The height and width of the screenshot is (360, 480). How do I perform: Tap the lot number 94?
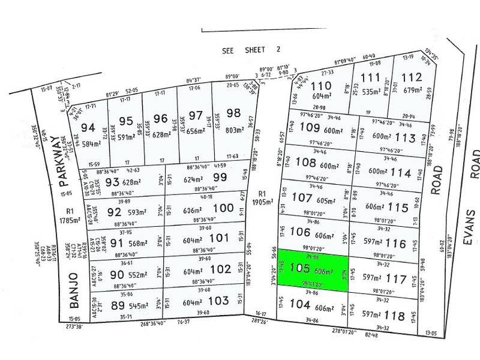tap(88, 127)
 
